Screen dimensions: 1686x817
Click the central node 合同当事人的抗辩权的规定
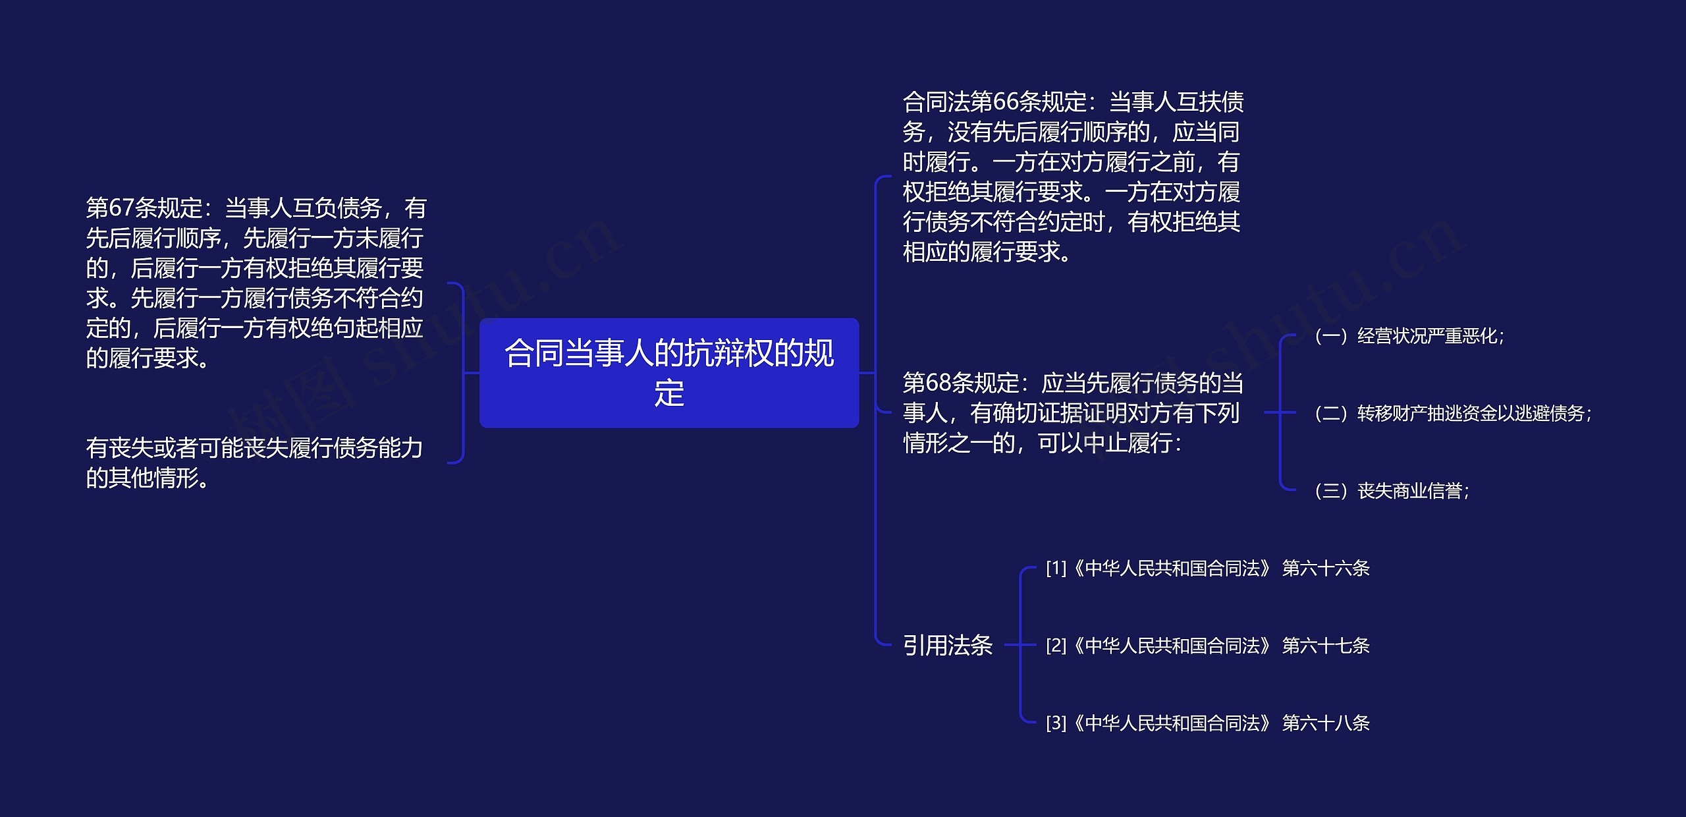click(x=668, y=372)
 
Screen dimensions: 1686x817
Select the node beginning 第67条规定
click(x=256, y=283)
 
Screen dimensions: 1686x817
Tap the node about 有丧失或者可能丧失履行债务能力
click(x=254, y=463)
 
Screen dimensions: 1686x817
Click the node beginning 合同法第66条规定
click(x=1072, y=177)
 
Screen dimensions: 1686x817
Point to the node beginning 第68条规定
click(x=1072, y=412)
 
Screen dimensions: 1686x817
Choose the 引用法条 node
click(x=947, y=645)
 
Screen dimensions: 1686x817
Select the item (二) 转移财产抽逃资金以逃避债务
click(x=1452, y=413)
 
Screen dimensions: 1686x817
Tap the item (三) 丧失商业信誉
click(x=1390, y=491)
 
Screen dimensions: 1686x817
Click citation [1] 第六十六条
click(x=1207, y=568)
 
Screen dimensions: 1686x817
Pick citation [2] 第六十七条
click(x=1207, y=645)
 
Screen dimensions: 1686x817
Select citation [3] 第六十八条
click(x=1207, y=723)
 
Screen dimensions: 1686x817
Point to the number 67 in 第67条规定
click(x=121, y=208)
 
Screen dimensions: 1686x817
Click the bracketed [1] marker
click(x=1055, y=568)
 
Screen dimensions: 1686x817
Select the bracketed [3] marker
click(x=1055, y=723)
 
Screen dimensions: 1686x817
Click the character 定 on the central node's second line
click(x=668, y=393)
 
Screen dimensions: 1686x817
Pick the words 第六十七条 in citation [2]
click(x=1325, y=645)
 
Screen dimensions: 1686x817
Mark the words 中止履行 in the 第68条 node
click(x=1127, y=443)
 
